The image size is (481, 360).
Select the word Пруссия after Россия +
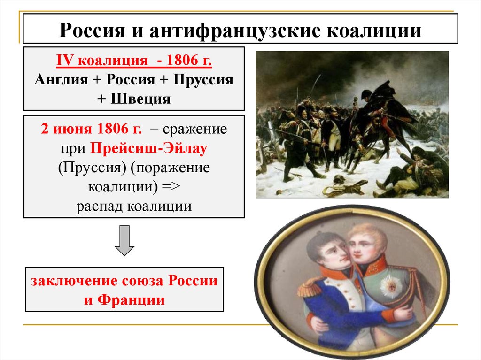[202, 79]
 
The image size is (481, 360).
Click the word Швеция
[141, 99]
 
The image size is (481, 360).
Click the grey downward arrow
[124, 240]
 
